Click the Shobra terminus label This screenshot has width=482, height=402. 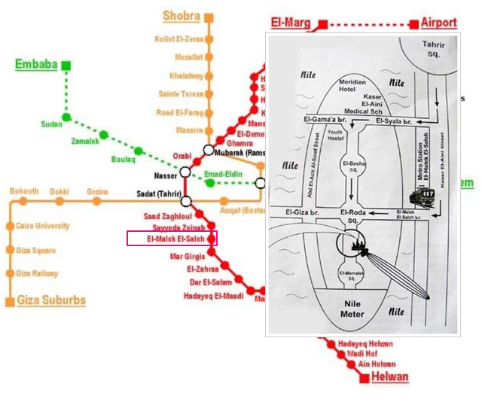pos(182,16)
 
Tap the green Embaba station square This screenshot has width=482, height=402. pos(66,65)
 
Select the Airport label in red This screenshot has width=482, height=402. pos(438,23)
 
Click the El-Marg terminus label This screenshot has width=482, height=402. pos(291,23)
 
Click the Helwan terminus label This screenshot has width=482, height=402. pos(389,377)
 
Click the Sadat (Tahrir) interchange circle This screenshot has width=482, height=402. pos(185,201)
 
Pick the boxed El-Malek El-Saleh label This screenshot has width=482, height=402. pos(172,239)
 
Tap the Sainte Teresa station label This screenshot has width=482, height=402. pos(181,94)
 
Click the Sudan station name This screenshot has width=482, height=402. pos(51,124)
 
